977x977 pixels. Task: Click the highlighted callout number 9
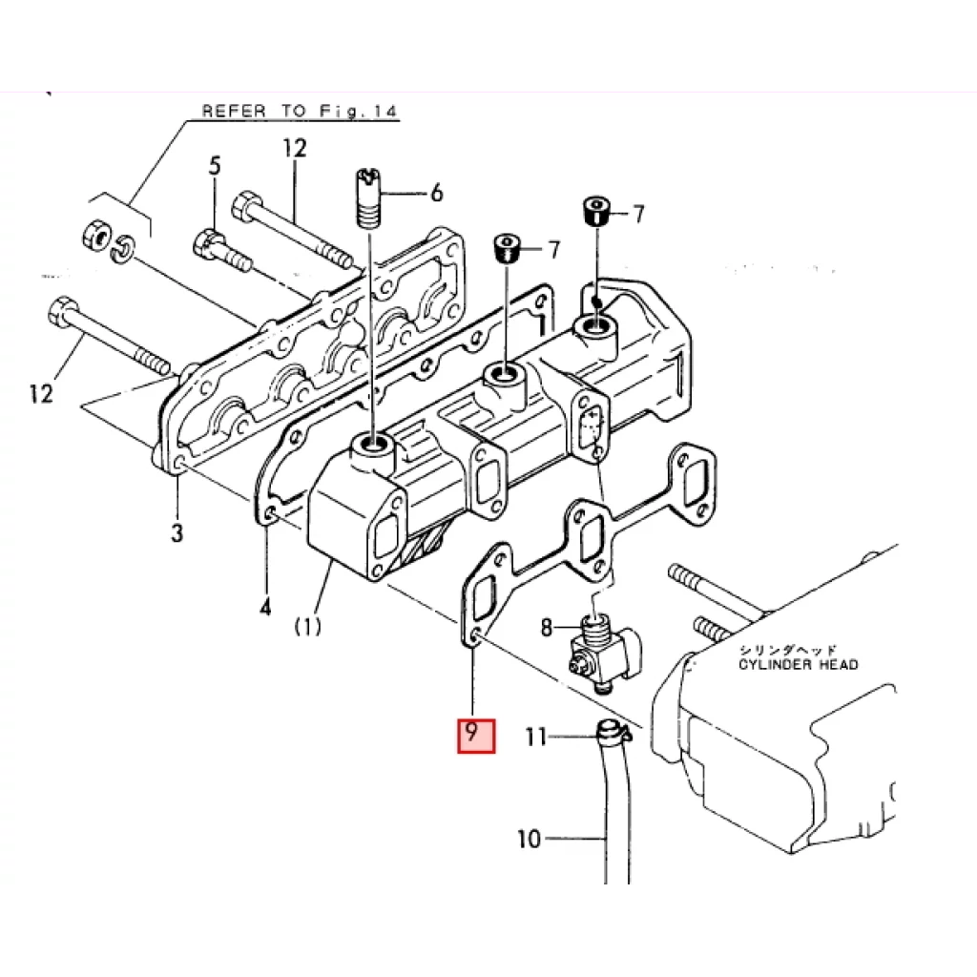tap(476, 734)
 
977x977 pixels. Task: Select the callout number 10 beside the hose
tap(529, 840)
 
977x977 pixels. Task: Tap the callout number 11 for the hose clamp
tap(537, 736)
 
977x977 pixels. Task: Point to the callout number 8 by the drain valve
tap(547, 627)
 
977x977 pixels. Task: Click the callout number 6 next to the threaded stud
tap(436, 194)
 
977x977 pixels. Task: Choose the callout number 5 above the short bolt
tap(215, 165)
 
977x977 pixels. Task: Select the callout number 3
tap(177, 532)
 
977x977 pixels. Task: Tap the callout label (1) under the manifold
tap(307, 626)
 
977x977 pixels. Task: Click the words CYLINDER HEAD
tap(798, 664)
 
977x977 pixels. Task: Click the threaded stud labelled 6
tap(367, 198)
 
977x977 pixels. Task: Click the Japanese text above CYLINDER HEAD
tap(786, 649)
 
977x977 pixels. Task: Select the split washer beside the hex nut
tap(124, 251)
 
